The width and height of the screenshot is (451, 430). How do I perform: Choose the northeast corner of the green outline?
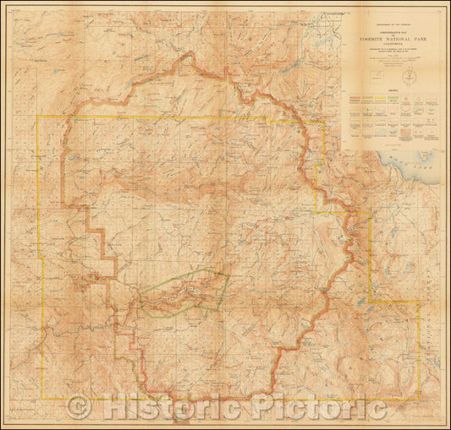(x=230, y=274)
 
